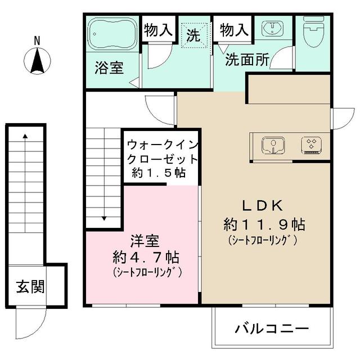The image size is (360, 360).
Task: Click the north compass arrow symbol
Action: pyautogui.click(x=38, y=61)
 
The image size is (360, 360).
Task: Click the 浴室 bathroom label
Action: pyautogui.click(x=109, y=68)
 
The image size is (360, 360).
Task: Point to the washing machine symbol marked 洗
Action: pyautogui.click(x=194, y=35)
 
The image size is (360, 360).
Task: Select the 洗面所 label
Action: pyautogui.click(x=247, y=60)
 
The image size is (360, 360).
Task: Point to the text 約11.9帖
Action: pyautogui.click(x=264, y=224)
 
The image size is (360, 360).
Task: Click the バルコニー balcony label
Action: pyautogui.click(x=272, y=328)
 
